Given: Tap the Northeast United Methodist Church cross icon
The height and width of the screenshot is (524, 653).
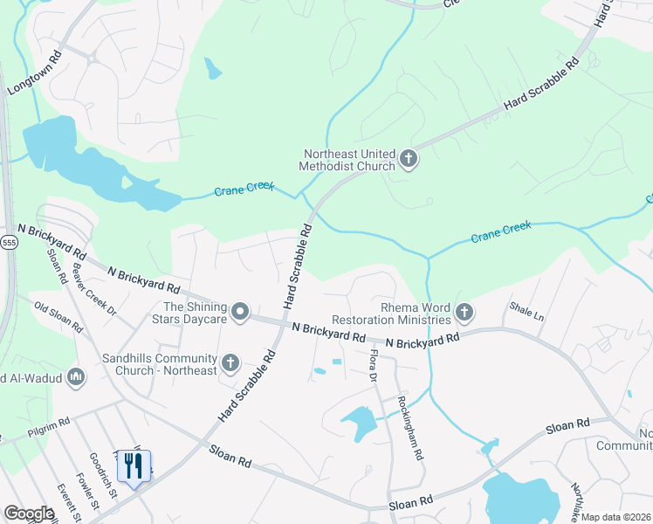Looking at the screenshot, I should point(408,159).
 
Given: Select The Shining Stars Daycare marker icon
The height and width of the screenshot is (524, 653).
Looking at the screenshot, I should point(240,312).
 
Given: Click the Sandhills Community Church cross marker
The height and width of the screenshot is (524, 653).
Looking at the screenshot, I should point(230,362).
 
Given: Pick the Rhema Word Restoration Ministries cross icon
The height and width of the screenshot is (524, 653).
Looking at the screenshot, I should point(464,312).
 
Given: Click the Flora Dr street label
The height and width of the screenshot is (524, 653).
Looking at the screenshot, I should point(373,365).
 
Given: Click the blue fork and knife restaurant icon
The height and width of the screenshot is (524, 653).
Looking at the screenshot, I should point(134,468).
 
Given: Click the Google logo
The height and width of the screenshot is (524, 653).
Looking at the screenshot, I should point(30,513).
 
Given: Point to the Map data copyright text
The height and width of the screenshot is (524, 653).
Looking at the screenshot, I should point(615,517).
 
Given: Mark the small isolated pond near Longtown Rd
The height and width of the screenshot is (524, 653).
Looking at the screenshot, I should point(213,68).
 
